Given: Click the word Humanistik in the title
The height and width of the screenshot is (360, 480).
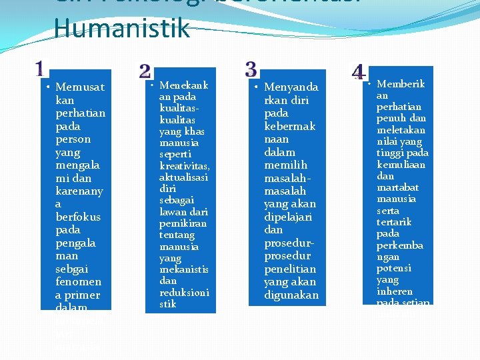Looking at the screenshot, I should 122,29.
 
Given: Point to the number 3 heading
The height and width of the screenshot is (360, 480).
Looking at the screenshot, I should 251,69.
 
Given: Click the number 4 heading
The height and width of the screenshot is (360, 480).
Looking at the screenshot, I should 358,72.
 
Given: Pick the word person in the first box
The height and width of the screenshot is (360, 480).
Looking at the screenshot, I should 73,139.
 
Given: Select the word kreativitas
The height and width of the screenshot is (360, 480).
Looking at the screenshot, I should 184,166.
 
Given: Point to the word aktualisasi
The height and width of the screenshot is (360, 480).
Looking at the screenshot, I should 183,177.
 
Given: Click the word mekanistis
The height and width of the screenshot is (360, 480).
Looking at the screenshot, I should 183,269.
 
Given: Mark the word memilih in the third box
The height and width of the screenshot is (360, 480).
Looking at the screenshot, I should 286,165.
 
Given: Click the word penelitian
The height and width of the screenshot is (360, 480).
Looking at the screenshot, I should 289,269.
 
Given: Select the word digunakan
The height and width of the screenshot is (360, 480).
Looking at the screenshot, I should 291,295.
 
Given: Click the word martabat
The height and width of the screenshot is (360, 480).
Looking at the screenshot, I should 397,187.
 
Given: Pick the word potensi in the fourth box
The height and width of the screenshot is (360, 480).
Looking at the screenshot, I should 394,269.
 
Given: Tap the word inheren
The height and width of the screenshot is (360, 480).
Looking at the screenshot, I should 395,292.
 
